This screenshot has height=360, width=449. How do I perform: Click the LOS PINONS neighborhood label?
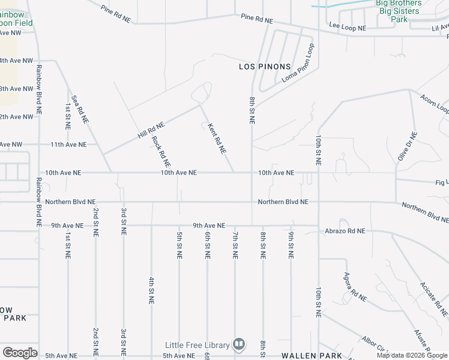pyautogui.click(x=265, y=67)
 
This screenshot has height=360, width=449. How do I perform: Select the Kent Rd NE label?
pyautogui.click(x=216, y=139)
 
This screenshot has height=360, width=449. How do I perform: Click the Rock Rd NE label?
pyautogui.click(x=161, y=152)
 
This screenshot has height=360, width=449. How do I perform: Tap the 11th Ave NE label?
pyautogui.click(x=68, y=145)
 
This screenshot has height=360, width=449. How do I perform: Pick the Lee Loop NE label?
pyautogui.click(x=348, y=25)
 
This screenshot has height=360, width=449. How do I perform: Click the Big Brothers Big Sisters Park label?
pyautogui.click(x=399, y=11)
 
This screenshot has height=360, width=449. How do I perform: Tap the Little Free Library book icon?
pyautogui.click(x=239, y=344)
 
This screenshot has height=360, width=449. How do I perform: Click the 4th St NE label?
pyautogui.click(x=151, y=290)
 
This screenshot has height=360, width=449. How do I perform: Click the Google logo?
pyautogui.click(x=20, y=353)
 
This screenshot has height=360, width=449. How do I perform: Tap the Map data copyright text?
pyautogui.click(x=412, y=355)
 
